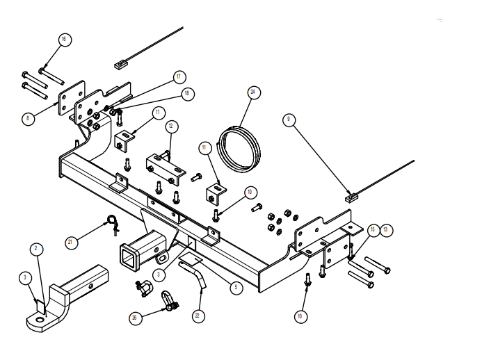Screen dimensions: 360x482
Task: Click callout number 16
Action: (63, 40)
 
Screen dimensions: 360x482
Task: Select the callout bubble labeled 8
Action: (28, 119)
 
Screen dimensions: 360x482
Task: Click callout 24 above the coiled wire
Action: (254, 92)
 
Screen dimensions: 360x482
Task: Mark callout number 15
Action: (373, 229)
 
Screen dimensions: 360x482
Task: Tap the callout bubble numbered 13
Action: (385, 229)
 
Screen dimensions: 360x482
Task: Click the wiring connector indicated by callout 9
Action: (352, 199)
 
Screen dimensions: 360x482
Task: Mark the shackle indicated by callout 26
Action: (168, 302)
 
